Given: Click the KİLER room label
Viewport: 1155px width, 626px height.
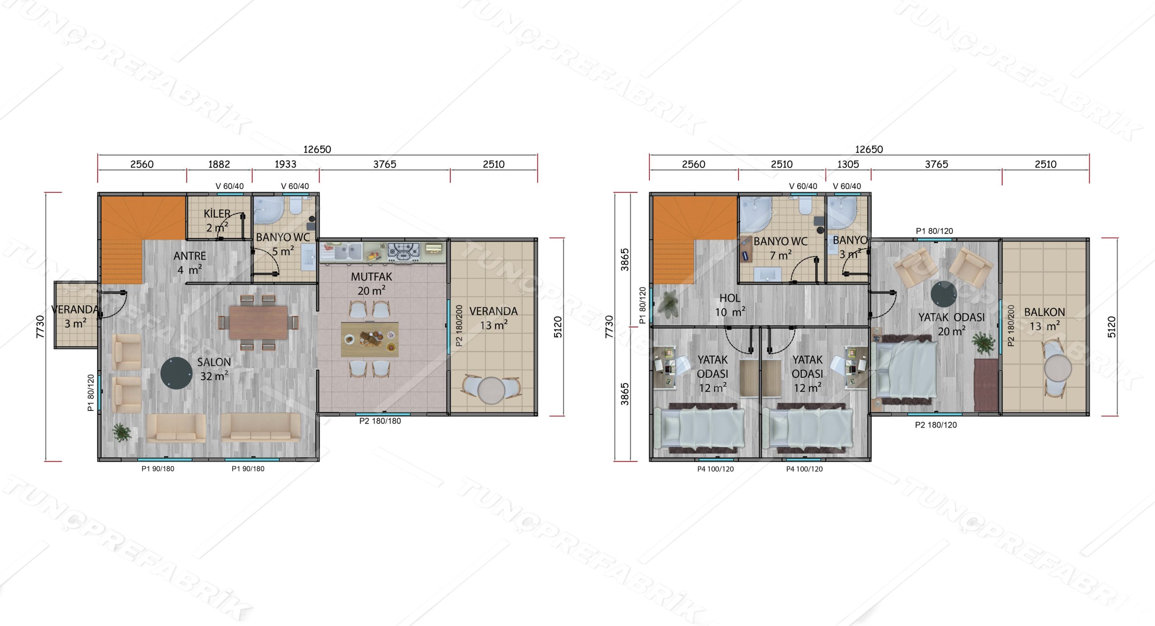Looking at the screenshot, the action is pos(217,213).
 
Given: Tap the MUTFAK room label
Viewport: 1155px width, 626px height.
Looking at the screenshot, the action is pos(371,277).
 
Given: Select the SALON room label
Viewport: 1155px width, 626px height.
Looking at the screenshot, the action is pos(214,362).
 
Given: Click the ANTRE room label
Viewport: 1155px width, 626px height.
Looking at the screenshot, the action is pos(189,256).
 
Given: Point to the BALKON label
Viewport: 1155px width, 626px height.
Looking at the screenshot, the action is pos(1044,312).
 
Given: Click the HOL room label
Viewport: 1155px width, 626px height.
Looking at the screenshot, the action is pos(730,298).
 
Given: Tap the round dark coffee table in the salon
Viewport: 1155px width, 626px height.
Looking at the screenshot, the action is pos(176,373).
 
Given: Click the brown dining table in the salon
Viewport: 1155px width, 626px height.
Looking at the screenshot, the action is pos(259,322).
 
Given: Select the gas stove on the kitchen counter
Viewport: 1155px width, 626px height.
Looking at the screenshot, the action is pos(404,251).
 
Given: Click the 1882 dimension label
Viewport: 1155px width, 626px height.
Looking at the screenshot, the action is pos(219,164).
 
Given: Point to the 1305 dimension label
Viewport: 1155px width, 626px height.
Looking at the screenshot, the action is pos(848,164).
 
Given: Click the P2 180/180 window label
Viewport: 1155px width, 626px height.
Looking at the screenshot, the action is pos(380,421).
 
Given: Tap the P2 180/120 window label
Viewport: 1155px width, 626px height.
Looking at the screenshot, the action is pos(936,425).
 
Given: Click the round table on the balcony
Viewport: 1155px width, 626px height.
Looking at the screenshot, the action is pos(1058,368).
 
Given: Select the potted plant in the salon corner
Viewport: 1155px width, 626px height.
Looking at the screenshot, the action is pos(122,432).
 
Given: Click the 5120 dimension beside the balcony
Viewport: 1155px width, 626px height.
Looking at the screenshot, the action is pos(1111,327).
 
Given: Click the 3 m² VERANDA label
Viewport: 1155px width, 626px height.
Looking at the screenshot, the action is pos(75,316).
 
